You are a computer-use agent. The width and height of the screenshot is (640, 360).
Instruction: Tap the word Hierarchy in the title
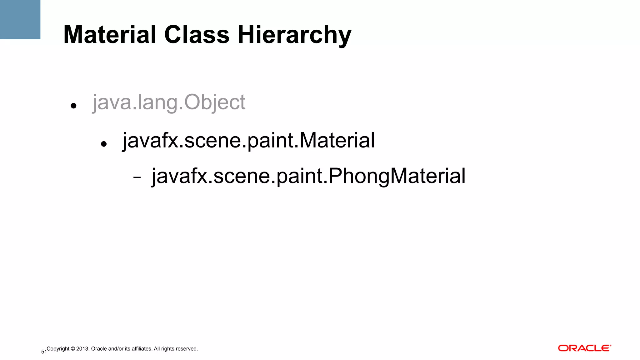coord(294,35)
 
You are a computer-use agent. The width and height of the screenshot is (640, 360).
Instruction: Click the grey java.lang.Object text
coord(169,102)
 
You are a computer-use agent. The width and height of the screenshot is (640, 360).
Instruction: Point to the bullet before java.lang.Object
coord(73,106)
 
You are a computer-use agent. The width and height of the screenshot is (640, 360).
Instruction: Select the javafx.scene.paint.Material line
coord(248,140)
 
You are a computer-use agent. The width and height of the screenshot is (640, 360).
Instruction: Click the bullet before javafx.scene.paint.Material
coord(104,144)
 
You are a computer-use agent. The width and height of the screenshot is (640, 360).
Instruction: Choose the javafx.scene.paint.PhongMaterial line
coord(308,176)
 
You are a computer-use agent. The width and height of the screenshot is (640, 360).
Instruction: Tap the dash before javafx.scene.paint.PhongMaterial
coord(137,177)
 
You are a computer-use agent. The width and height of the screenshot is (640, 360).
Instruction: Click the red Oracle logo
coord(583,348)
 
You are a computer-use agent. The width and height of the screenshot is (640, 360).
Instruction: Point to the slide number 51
coord(44,352)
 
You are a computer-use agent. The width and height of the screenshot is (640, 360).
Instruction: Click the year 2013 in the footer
coord(82,349)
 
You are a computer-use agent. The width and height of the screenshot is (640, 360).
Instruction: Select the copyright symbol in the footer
coord(73,349)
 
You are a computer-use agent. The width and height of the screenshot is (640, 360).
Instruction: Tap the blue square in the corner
coord(20,19)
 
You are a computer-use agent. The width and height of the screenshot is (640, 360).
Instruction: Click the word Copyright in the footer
coord(58,349)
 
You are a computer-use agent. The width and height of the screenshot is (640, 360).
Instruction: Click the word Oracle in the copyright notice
coord(99,349)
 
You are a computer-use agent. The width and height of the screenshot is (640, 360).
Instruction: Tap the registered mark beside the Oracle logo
coord(610,346)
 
